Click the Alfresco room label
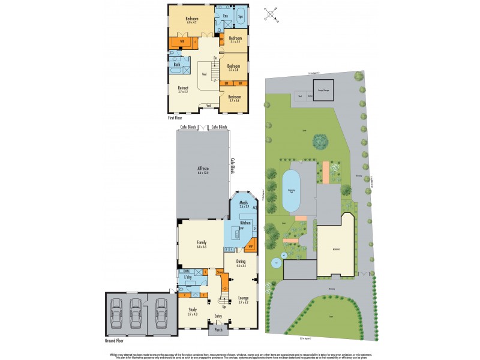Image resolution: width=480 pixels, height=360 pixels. click(202, 170)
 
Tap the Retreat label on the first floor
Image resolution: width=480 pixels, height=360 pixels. click(182, 89)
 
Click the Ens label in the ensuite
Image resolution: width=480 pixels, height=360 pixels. click(225, 15)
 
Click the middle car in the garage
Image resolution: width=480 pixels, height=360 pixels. click(136, 312)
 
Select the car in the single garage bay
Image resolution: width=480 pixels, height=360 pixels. click(161, 312)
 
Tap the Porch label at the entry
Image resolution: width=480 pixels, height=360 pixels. click(217, 329)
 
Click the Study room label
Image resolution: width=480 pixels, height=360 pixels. click(192, 310)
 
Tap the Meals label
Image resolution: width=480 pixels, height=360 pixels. click(244, 203)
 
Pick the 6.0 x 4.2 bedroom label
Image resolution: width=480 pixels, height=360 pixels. click(191, 19)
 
